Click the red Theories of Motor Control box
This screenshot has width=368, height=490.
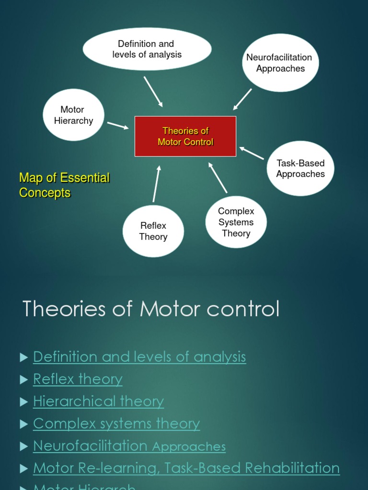185,136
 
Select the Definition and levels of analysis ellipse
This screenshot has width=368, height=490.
147,49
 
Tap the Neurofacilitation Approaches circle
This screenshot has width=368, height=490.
280,63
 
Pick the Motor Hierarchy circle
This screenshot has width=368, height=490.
73,115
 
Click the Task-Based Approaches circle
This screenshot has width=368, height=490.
300,168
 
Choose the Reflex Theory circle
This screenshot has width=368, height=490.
153,231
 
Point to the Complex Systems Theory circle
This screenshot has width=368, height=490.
236,222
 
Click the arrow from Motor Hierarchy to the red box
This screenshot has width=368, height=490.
118,125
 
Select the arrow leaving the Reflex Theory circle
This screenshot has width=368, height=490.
156,184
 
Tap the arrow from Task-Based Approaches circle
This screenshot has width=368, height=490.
252,153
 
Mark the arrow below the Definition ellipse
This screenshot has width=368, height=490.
153,91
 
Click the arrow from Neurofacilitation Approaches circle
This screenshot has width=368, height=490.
242,99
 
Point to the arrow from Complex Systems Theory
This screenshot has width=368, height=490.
218,178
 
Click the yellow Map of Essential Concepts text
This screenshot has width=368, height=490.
64,185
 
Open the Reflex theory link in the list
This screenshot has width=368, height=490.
78,379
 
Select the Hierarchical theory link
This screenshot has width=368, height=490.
98,401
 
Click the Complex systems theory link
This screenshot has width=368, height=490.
116,424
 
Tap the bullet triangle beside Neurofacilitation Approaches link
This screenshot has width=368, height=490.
24,446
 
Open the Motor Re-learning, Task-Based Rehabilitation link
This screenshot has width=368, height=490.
186,468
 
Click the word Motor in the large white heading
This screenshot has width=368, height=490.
171,309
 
